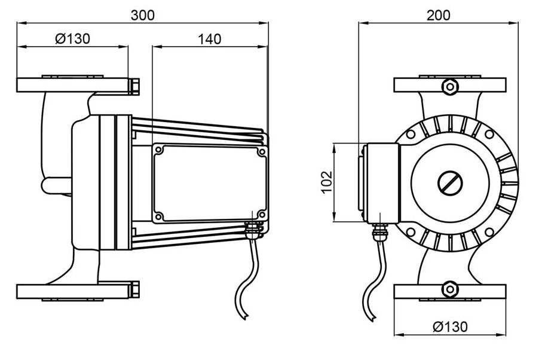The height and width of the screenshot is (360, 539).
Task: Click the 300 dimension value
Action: pos(142,16)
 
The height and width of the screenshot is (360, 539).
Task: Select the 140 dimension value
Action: pos(209,39)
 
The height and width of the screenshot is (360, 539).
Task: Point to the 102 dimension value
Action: pos(326,182)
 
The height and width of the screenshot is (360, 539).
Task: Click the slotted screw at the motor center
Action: pos(450,182)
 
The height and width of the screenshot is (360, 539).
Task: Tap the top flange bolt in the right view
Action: pos(449,86)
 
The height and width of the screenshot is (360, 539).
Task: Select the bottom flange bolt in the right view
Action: pos(449,290)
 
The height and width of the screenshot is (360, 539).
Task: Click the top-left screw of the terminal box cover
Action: pos(159,151)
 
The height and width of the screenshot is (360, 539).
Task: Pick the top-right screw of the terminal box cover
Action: pos(261,152)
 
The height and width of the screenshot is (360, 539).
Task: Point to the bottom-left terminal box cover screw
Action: pos(159,215)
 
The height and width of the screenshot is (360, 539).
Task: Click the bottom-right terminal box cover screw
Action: pos(261,213)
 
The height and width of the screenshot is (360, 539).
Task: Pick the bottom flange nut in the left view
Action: pos(134,289)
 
